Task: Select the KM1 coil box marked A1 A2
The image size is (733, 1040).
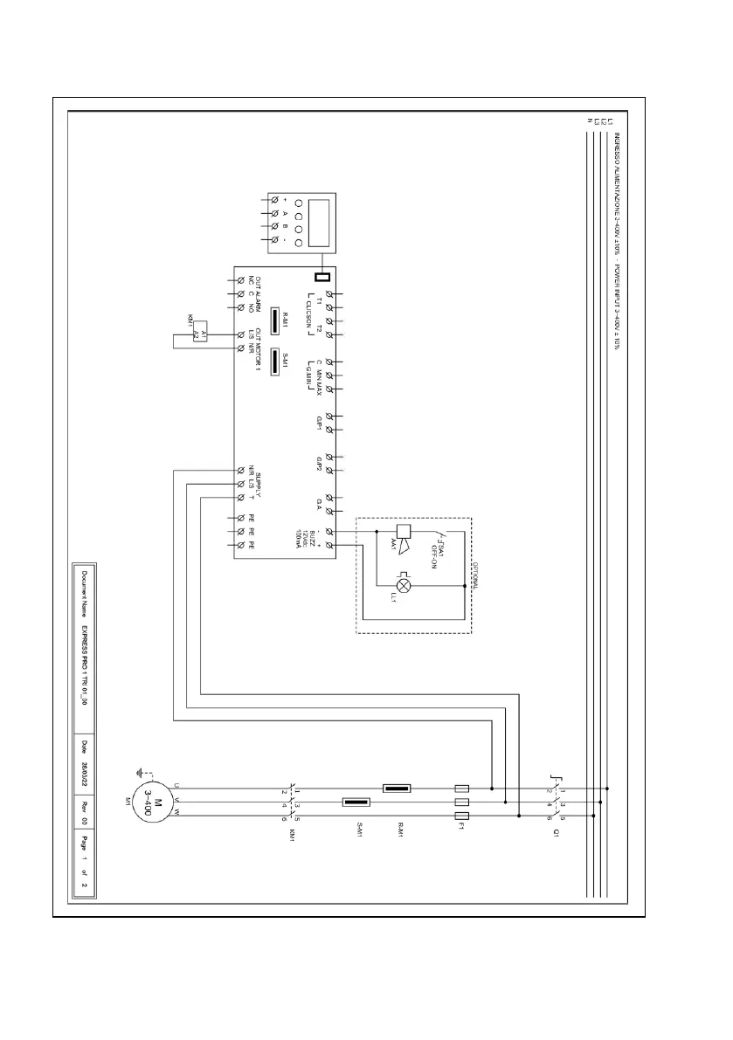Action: click(197, 335)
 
